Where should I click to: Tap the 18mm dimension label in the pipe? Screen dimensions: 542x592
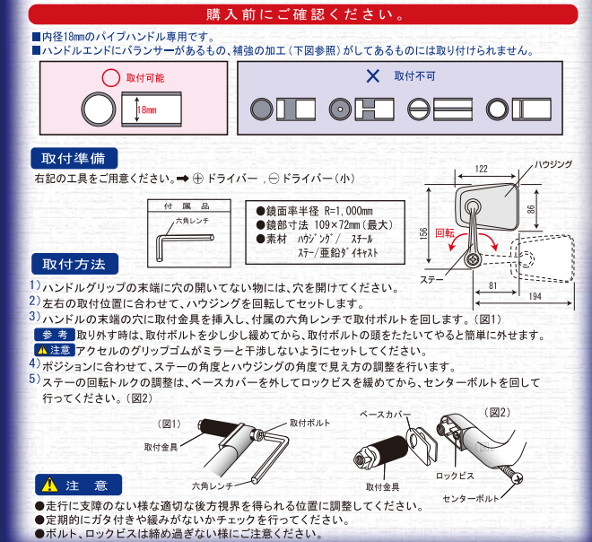click(146, 111)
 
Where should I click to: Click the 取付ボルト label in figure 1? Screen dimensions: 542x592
click(308, 422)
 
